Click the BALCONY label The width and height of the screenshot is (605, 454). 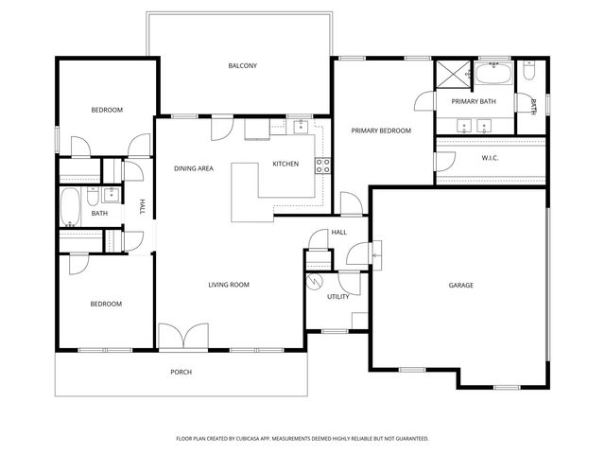coord(242,65)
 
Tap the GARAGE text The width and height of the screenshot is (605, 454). coord(460,285)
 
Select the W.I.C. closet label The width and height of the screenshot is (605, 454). coord(490,158)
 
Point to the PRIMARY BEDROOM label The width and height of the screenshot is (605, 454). coord(381,131)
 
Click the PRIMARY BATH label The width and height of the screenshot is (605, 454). coord(474,101)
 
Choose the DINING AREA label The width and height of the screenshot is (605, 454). coord(194,168)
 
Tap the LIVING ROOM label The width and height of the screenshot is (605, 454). coord(229,284)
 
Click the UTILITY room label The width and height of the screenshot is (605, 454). coord(338,296)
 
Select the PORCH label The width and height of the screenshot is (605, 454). coord(181,372)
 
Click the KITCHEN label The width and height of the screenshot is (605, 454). coord(285,164)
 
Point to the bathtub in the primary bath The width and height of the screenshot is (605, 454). coord(493,74)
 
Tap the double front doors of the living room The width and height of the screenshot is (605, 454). coord(182,337)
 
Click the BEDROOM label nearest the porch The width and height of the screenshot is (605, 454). coord(106,304)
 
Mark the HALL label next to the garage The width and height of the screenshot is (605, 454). coord(338,232)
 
